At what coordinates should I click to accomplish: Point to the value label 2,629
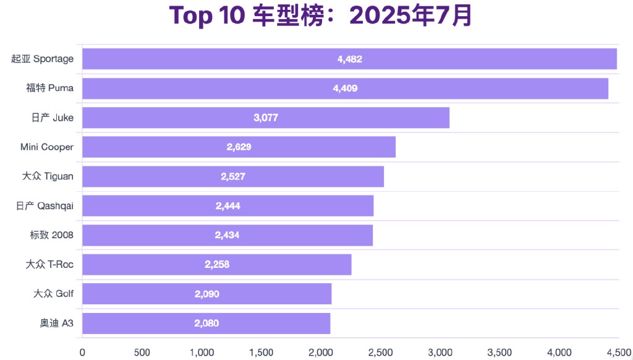(x=239, y=147)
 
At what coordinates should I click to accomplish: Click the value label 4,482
(x=350, y=59)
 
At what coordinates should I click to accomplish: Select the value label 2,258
(x=217, y=265)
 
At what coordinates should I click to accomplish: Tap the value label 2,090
(x=207, y=294)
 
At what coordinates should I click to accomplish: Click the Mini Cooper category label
(x=47, y=147)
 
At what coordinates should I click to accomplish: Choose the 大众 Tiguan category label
(x=48, y=176)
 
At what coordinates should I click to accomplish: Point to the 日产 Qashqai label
(x=45, y=206)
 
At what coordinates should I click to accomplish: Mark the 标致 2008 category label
(x=51, y=235)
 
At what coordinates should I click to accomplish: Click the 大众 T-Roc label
(x=49, y=265)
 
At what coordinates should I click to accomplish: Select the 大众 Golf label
(x=53, y=294)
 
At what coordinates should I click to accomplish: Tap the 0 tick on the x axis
(x=82, y=352)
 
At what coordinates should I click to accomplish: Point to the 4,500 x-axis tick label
(x=619, y=352)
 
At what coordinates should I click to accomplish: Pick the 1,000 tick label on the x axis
(x=202, y=352)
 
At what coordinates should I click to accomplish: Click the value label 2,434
(x=227, y=235)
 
